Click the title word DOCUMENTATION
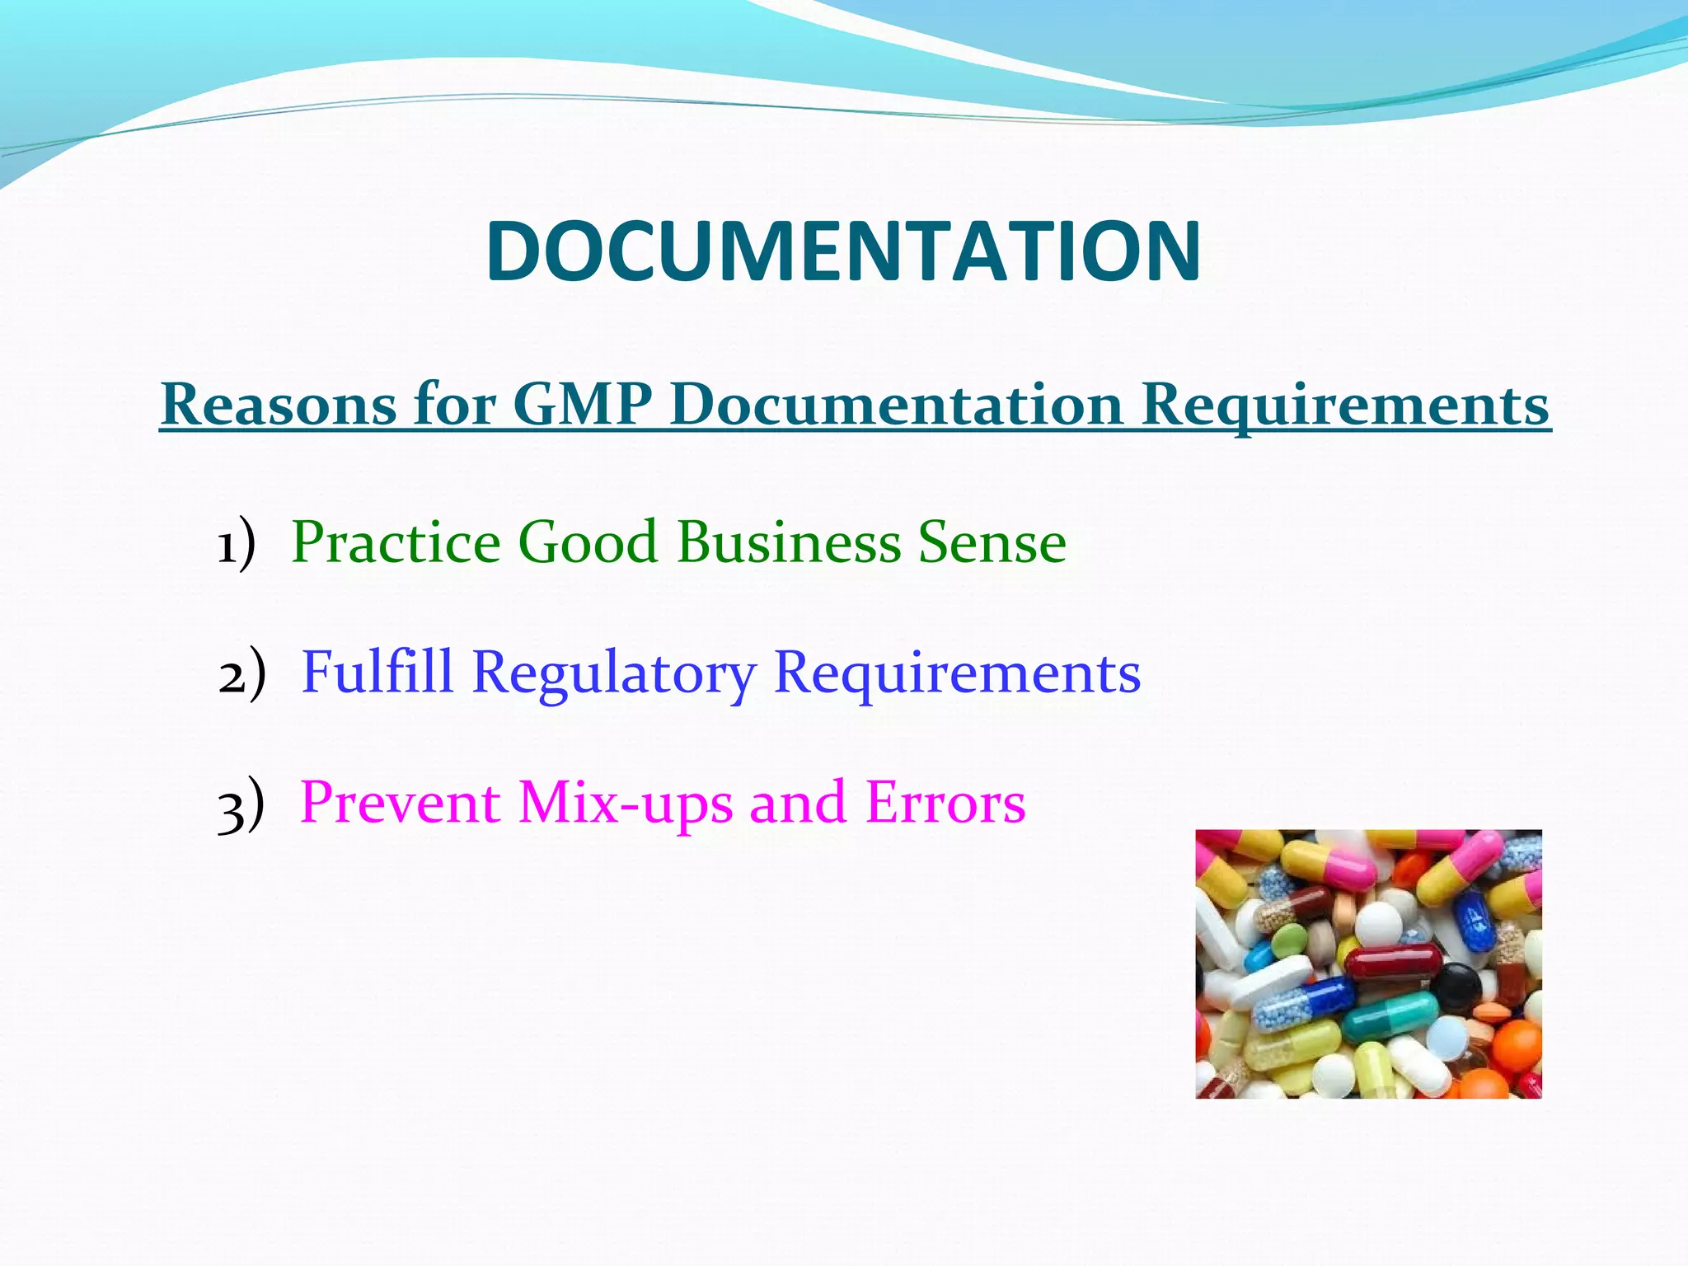843,251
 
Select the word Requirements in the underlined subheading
1345,406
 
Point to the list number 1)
237,544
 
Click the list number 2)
242,673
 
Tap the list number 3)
241,804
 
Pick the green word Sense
992,542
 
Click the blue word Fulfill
377,672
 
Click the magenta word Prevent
400,803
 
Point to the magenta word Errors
945,802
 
